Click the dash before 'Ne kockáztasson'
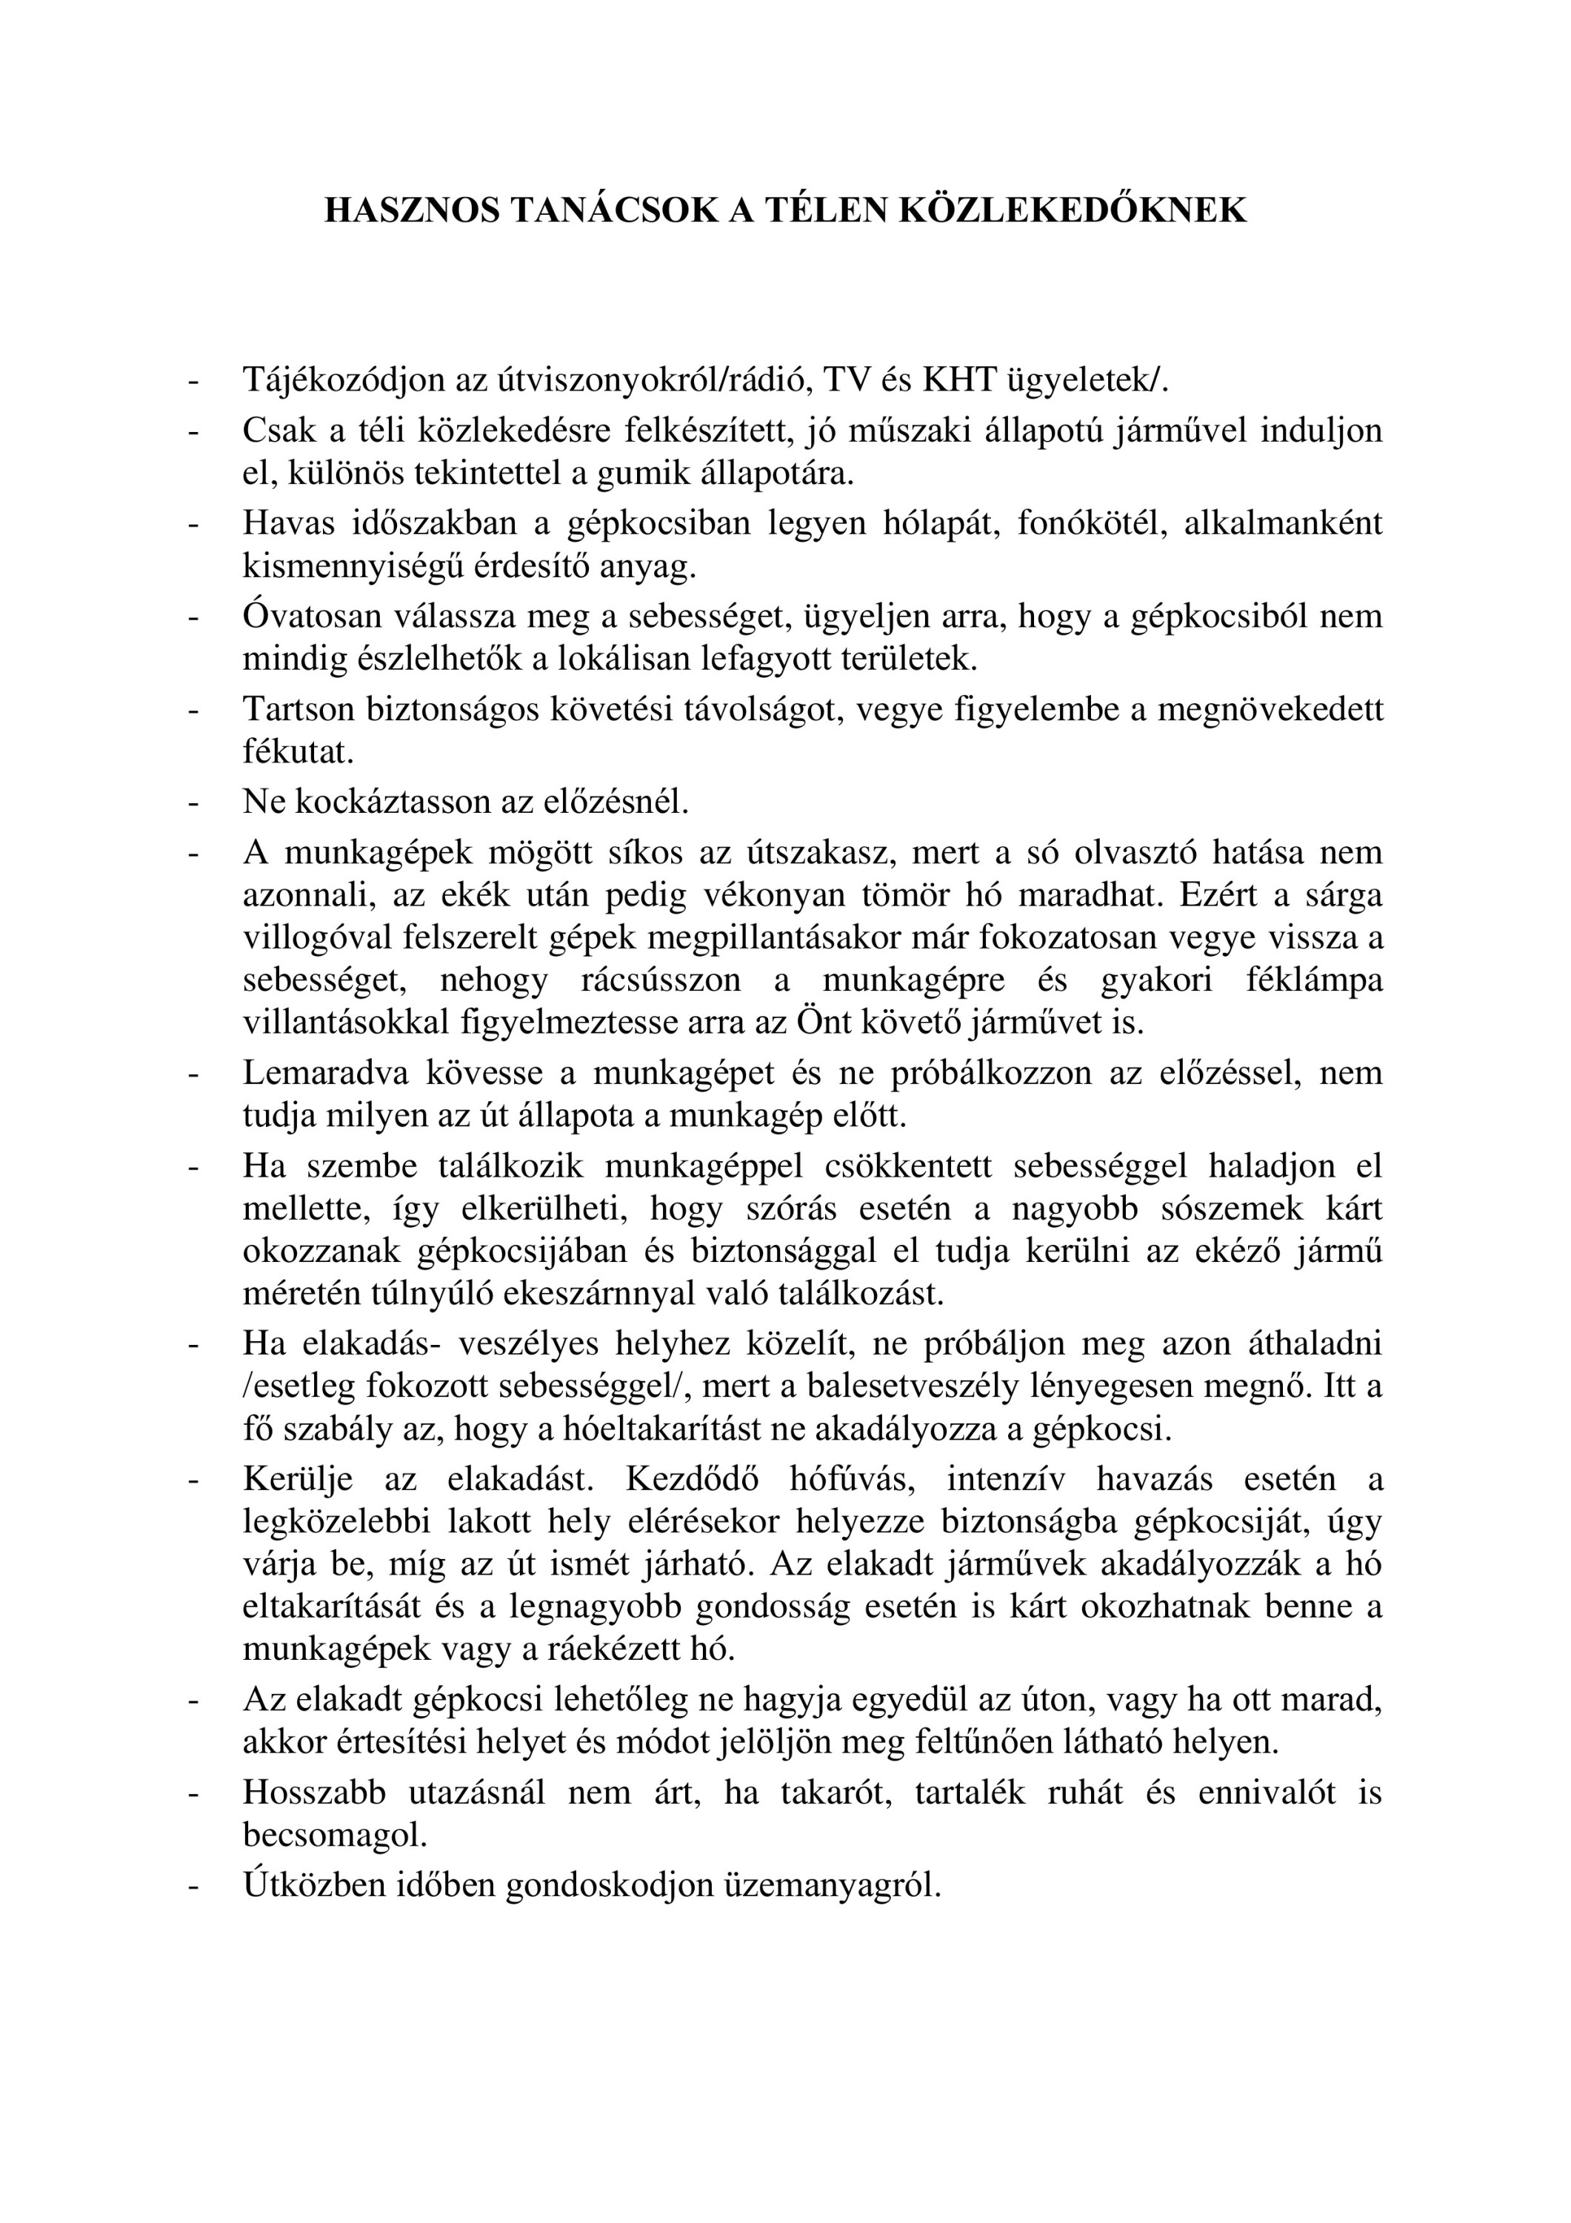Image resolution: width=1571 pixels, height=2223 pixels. tap(193, 802)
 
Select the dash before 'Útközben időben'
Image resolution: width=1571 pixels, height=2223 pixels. tap(193, 1885)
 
